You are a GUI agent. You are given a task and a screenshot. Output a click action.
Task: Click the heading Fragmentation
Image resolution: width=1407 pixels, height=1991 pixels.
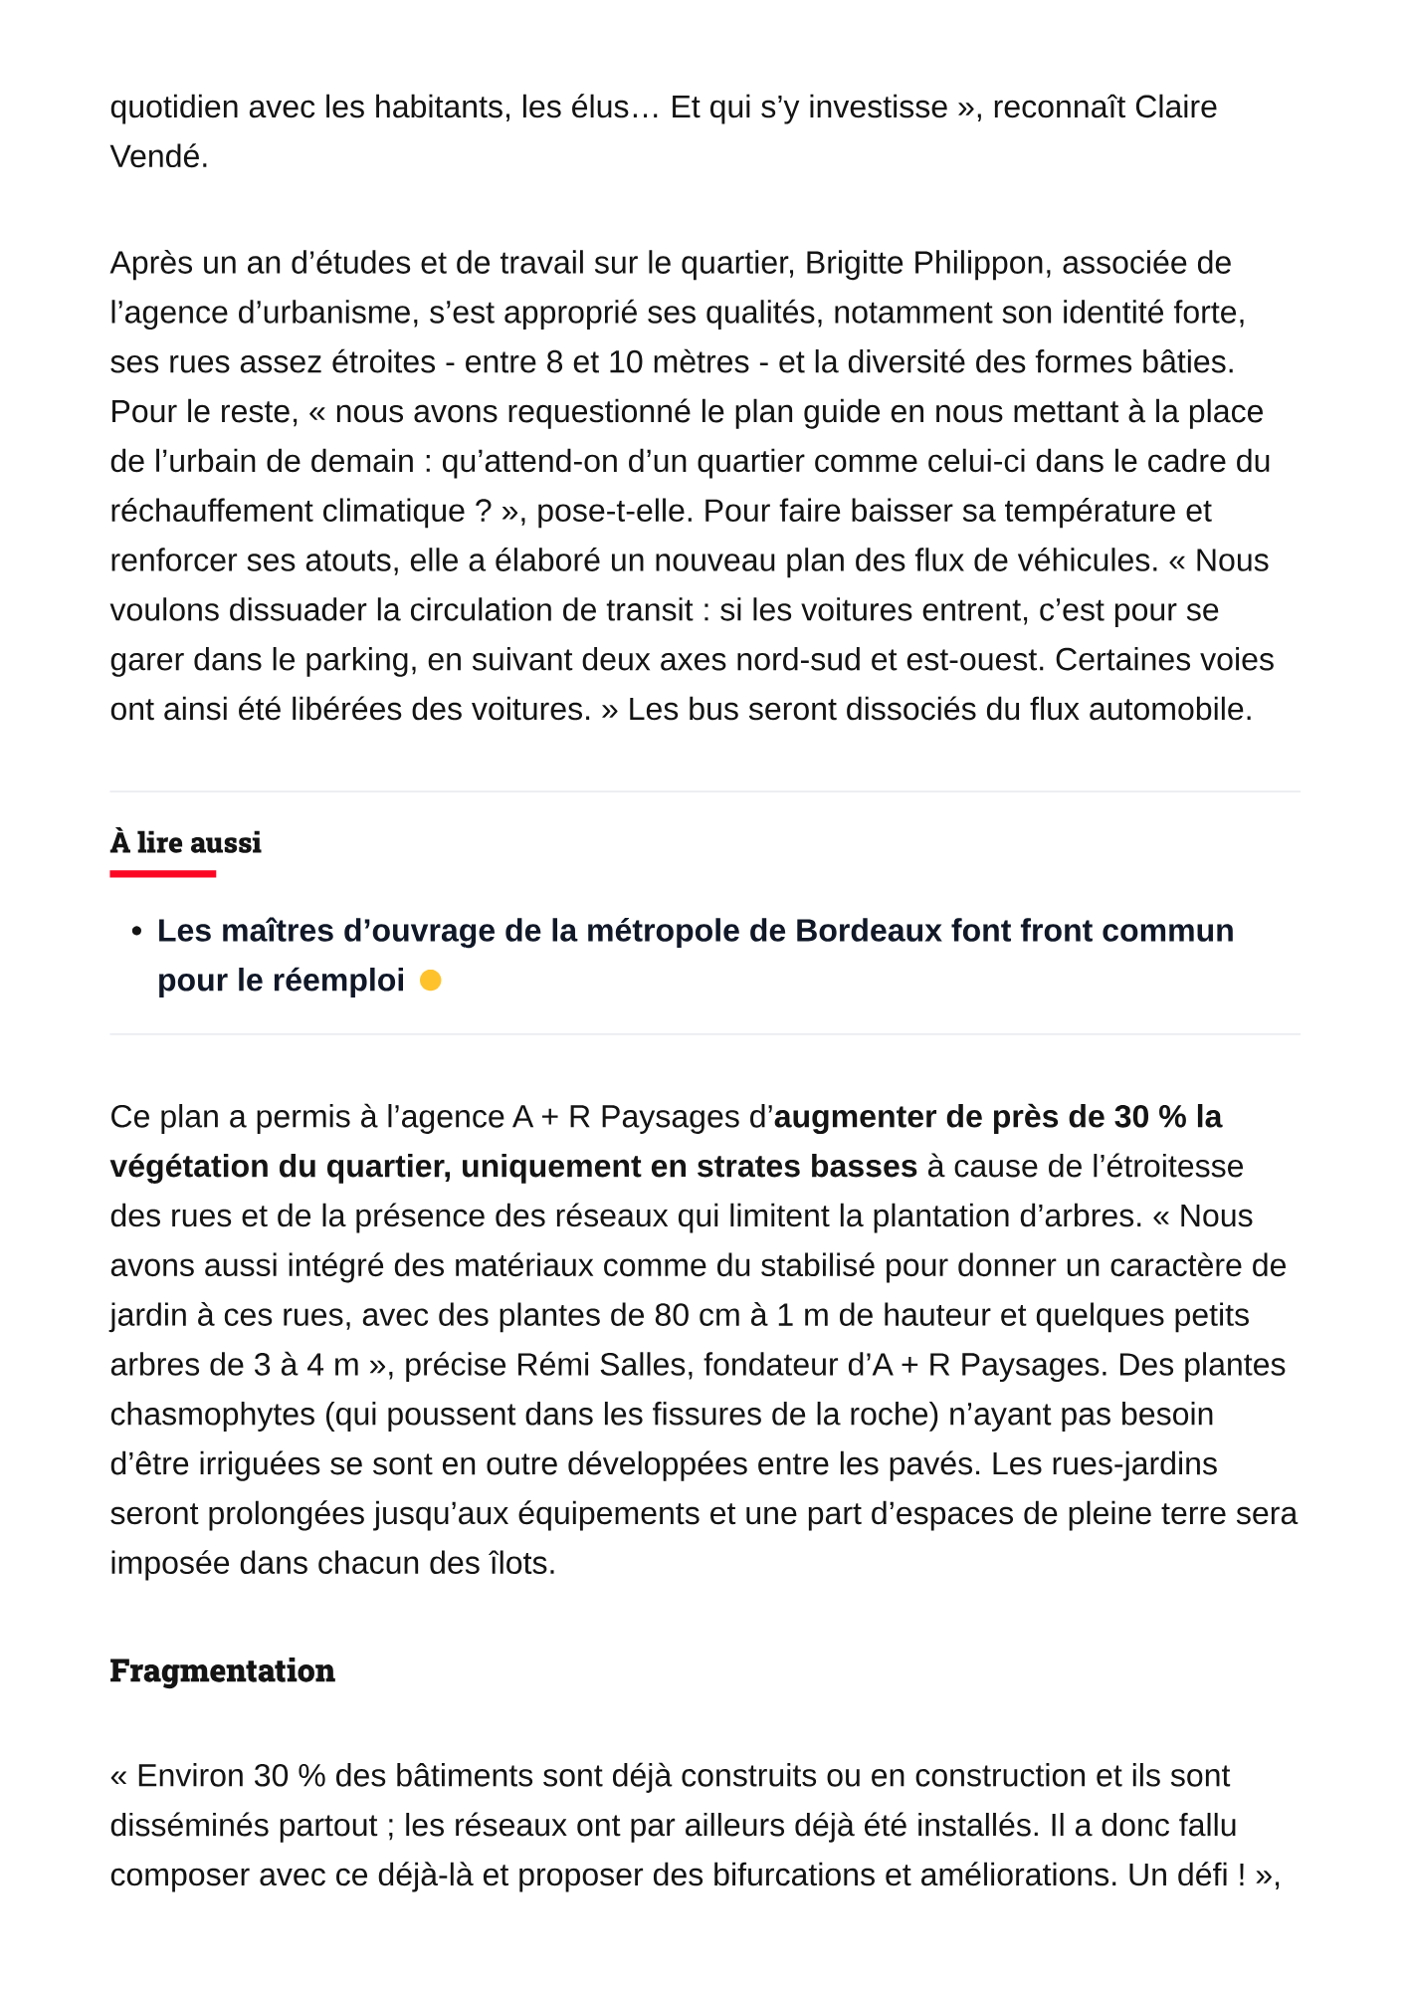pos(222,1670)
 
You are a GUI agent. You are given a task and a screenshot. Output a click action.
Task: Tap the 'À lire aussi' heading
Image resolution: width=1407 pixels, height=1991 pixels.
pos(185,842)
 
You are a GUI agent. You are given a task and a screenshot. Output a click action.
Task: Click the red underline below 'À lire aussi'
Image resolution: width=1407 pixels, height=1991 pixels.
pos(162,874)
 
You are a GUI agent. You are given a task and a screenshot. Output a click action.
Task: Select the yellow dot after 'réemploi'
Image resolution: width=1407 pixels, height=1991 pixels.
pos(430,981)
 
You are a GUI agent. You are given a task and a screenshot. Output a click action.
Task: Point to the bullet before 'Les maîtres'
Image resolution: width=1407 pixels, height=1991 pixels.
pos(137,932)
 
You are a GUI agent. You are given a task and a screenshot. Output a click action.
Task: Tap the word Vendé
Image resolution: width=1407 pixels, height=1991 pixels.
pos(158,156)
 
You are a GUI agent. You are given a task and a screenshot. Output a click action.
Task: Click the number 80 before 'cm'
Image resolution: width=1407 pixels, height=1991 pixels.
pos(673,1315)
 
